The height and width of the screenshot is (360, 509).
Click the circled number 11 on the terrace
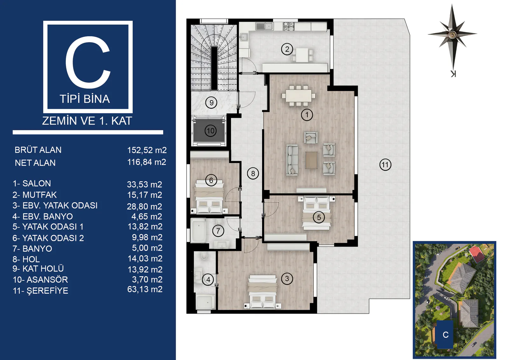tap(385, 165)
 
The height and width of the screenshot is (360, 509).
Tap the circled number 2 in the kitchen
tap(287, 49)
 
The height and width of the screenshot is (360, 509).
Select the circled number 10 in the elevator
tap(210, 131)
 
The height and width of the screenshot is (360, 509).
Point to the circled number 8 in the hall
tap(253, 173)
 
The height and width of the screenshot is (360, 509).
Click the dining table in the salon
tap(298, 96)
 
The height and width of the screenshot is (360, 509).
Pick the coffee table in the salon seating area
tap(311, 160)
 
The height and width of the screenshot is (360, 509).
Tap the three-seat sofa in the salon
tap(292, 160)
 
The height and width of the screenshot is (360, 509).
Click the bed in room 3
tap(262, 292)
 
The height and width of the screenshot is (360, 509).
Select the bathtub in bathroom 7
tap(199, 230)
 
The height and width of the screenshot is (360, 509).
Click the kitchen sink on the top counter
tap(264, 26)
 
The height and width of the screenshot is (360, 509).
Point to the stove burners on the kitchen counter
tap(289, 26)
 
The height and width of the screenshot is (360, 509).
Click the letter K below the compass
tap(453, 74)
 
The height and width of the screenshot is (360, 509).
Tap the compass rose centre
tap(452, 34)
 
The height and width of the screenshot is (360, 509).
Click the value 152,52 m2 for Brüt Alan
tap(147, 150)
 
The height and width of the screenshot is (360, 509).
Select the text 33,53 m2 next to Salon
tap(144, 184)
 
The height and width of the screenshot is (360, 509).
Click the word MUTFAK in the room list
tap(39, 195)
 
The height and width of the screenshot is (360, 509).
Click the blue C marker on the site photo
tap(445, 335)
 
